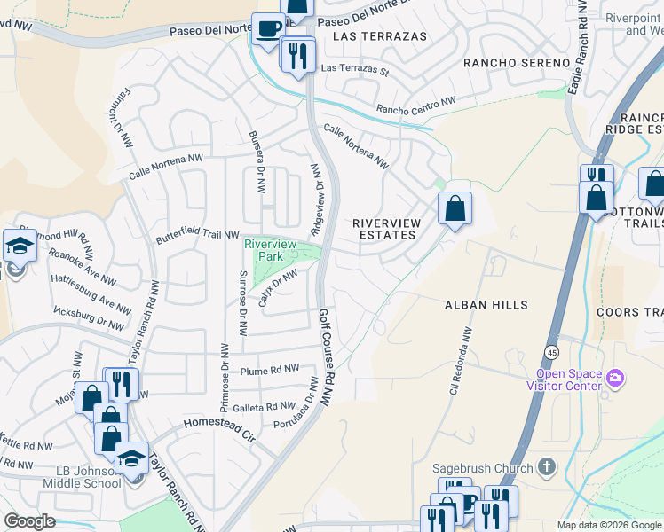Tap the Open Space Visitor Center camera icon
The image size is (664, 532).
tap(615, 379)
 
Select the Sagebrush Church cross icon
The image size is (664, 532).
tap(547, 466)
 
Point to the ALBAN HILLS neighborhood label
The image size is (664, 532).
tap(486, 305)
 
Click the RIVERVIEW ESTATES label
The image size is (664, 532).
tap(383, 229)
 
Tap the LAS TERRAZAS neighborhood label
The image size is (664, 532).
tap(379, 36)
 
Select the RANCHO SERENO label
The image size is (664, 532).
tap(516, 63)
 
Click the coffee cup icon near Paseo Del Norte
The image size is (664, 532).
tap(267, 27)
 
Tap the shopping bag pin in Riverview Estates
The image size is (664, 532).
tap(455, 209)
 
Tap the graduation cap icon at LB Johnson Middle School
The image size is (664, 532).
tap(131, 458)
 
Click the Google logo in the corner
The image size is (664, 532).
tap(29, 522)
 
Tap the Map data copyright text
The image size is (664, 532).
tap(609, 525)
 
